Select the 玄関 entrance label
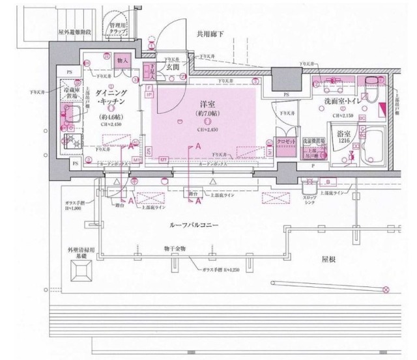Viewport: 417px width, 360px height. click(x=172, y=67)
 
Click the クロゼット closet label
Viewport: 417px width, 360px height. click(x=287, y=141)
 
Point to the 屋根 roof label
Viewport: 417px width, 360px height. click(x=327, y=258)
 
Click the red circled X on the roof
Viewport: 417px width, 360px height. click(x=386, y=288)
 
